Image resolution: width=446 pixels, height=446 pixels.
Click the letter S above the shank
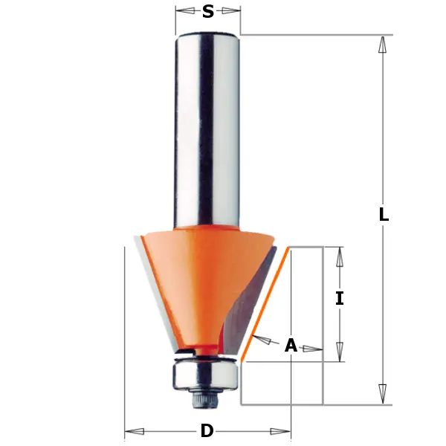pos(208,11)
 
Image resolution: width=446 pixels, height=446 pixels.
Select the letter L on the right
pos(383,215)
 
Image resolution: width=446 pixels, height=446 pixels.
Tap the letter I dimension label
pos(340,299)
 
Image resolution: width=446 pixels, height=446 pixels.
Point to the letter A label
pos(291,346)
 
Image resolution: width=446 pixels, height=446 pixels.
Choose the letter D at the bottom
pos(207,431)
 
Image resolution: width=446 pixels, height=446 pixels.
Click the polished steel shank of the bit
pos(207,126)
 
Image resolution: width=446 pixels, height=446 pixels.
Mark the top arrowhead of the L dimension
pos(383,44)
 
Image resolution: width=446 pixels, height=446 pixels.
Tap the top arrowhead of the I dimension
pos(340,256)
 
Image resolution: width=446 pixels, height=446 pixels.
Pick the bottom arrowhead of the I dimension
pos(340,352)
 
